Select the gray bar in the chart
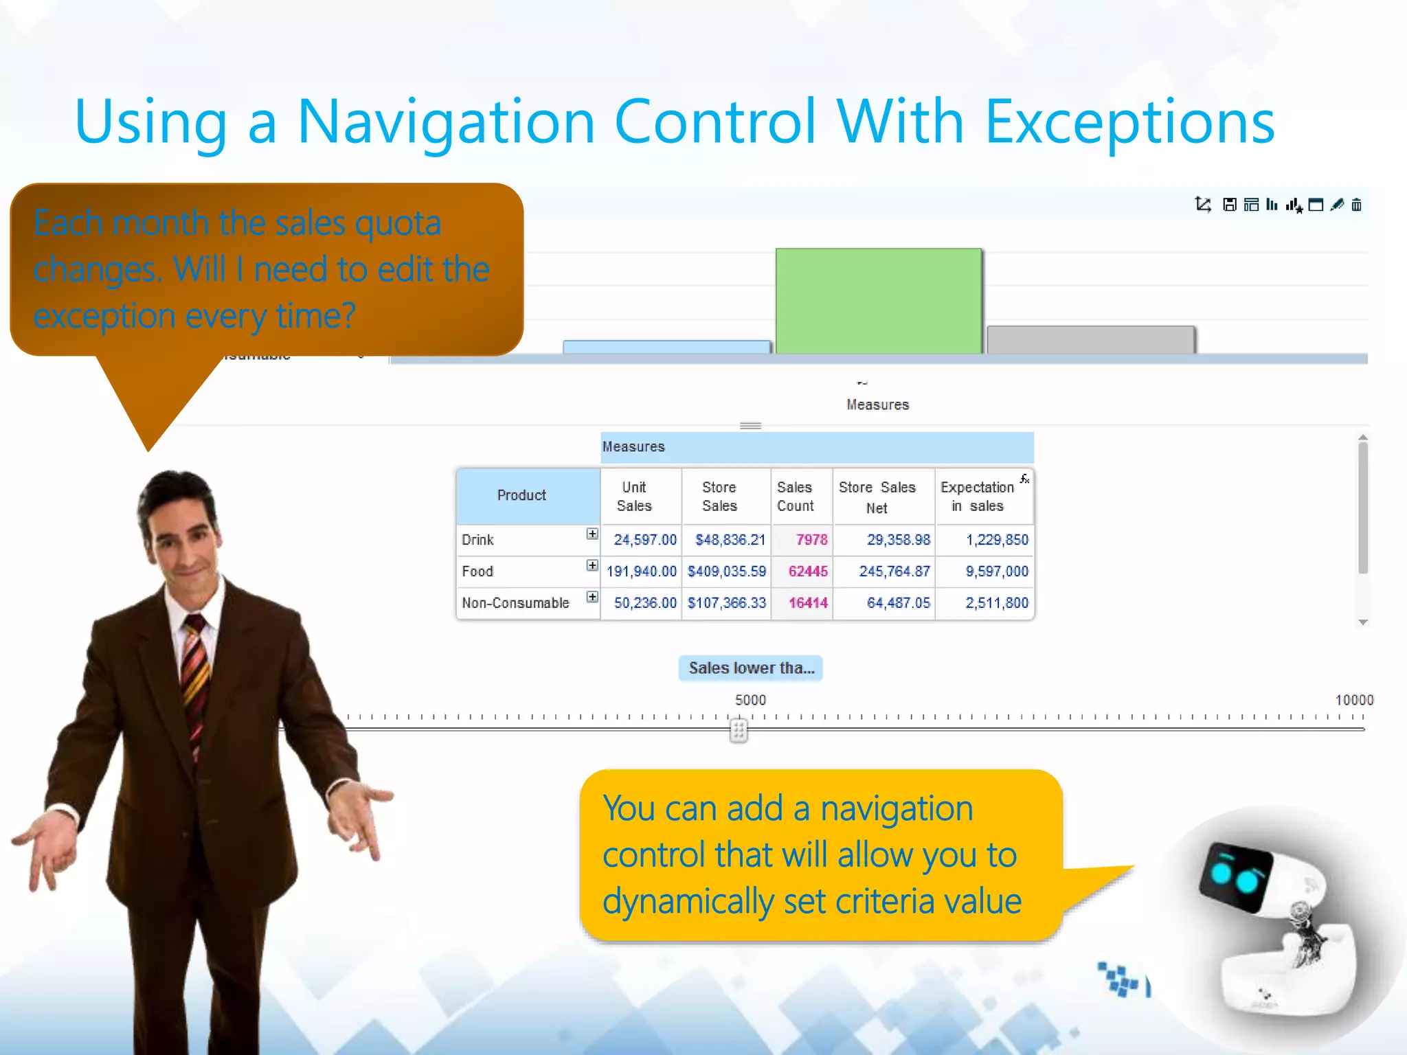click(x=1090, y=340)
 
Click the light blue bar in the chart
click(x=666, y=347)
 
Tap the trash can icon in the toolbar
click(x=1356, y=205)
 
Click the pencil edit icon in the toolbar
click(x=1336, y=205)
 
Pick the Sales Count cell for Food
click(x=807, y=571)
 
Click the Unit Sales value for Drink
click(x=644, y=540)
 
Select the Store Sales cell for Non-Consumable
click(x=726, y=603)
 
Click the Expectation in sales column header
click(x=977, y=497)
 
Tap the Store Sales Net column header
click(x=877, y=497)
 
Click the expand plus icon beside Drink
click(x=592, y=534)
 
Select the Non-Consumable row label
click(x=515, y=603)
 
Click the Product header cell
click(x=521, y=495)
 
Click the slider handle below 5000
click(x=739, y=730)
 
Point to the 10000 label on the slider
click(x=1353, y=700)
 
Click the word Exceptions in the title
click(x=1129, y=122)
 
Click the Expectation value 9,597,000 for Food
click(x=996, y=571)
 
